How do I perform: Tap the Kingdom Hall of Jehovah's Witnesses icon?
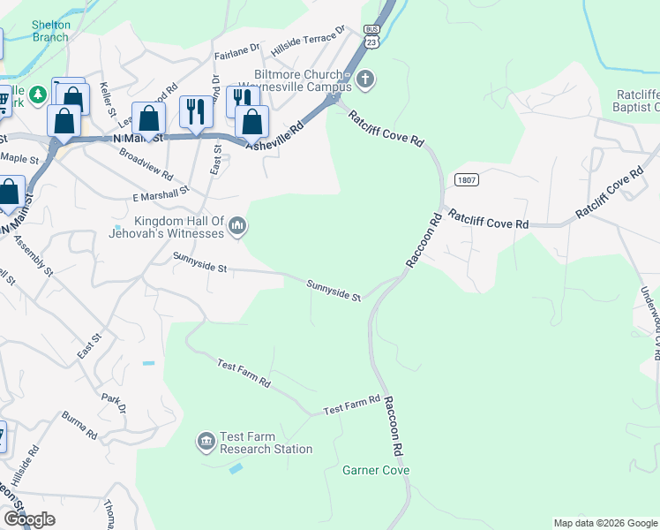[x=236, y=228]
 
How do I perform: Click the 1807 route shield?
[x=468, y=179]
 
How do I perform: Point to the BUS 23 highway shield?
[x=371, y=36]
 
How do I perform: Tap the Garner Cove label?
[x=376, y=471]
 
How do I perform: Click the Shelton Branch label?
[x=50, y=31]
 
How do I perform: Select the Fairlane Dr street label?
[x=238, y=52]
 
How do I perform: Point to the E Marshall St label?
[x=161, y=191]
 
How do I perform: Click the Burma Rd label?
[x=79, y=425]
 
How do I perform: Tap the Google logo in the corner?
[x=29, y=519]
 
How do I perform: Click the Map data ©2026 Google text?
[x=604, y=523]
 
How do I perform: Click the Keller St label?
[x=109, y=99]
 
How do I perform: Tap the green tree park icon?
[x=38, y=94]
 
